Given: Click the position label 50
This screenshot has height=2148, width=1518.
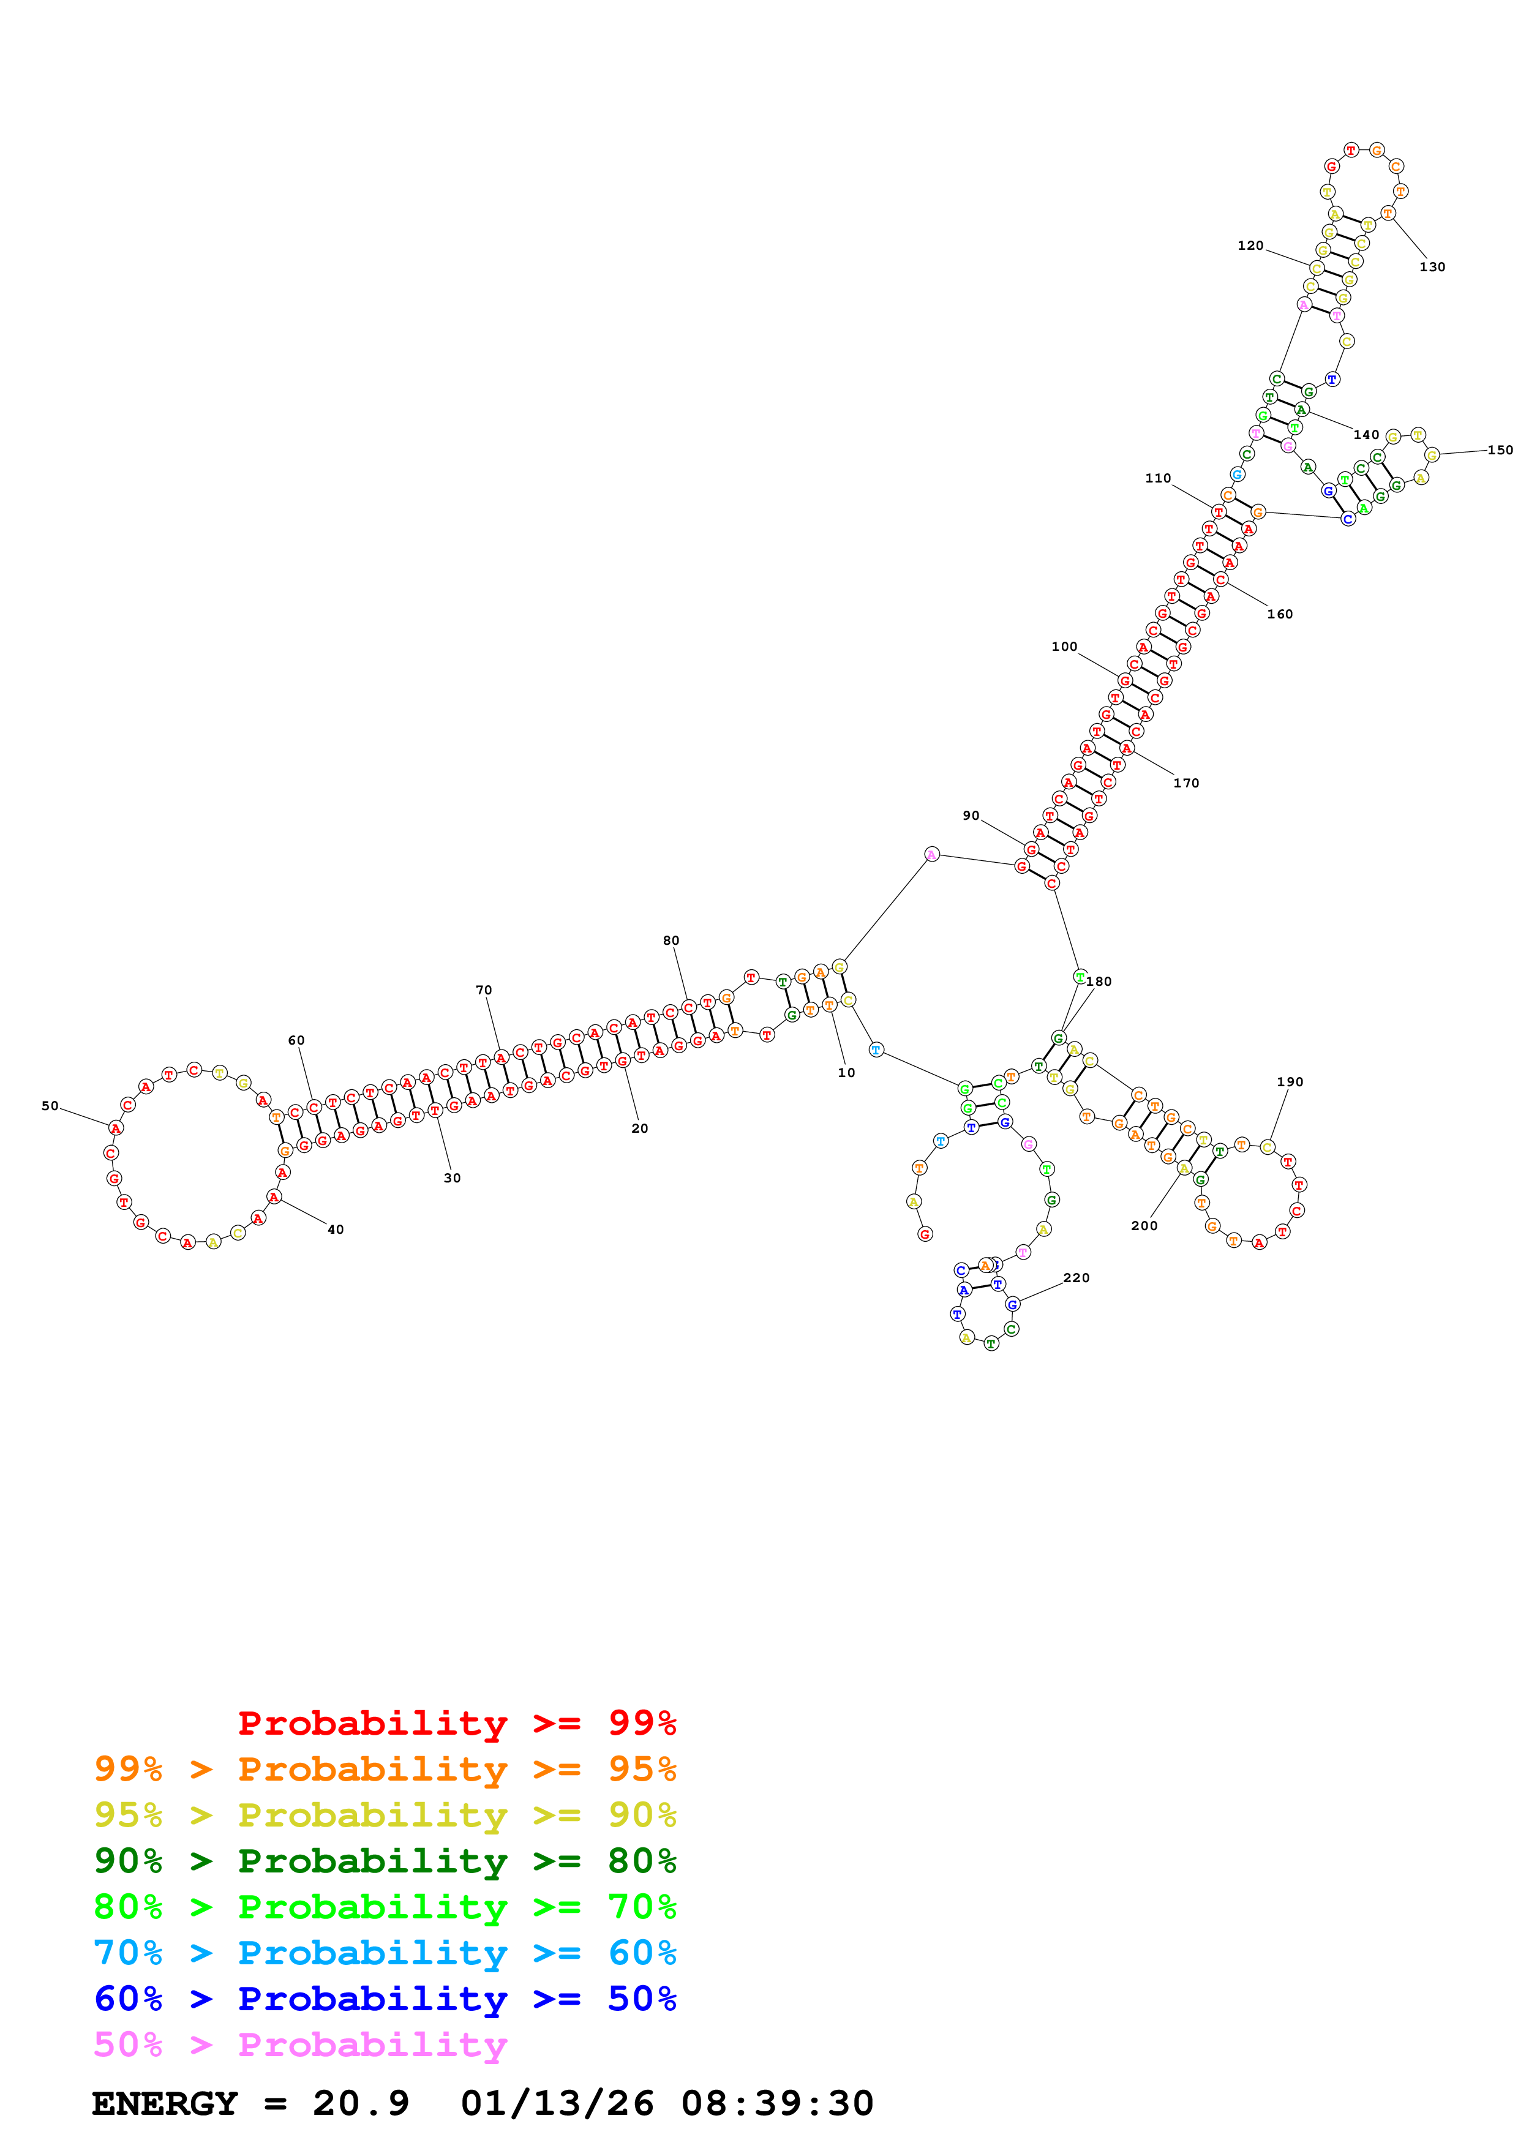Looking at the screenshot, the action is [x=50, y=1106].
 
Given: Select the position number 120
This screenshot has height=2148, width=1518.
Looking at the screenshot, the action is [x=1250, y=246].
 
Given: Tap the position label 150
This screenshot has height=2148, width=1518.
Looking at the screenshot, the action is [x=1499, y=450].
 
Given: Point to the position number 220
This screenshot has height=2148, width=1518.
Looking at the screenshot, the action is [x=1076, y=1278].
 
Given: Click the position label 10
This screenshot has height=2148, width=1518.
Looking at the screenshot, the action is [x=846, y=1073].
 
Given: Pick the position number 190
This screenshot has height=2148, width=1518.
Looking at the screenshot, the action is [x=1289, y=1083].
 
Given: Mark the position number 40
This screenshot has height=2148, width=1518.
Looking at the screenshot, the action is [x=335, y=1230].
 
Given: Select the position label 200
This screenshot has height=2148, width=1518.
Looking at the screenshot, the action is [x=1143, y=1226].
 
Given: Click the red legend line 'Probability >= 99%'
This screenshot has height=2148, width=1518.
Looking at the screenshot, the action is [x=456, y=1723].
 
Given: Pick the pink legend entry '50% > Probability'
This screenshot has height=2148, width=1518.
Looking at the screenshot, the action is [x=300, y=2045].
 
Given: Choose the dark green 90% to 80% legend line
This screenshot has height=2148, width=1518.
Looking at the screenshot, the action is [x=385, y=1861].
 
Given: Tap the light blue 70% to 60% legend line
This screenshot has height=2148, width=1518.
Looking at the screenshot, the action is [x=385, y=1953].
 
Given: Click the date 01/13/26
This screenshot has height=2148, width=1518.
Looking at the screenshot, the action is [x=557, y=2104].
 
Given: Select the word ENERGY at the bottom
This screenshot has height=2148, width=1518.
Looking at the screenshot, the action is [x=165, y=2104].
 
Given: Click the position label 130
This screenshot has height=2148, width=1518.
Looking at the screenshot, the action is [x=1431, y=268].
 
